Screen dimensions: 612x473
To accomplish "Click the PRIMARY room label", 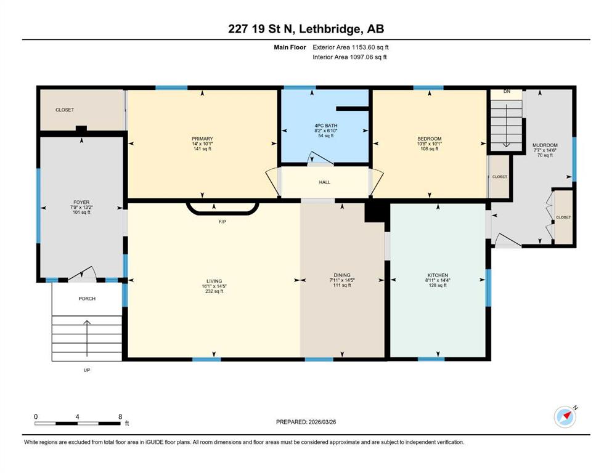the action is (x=202, y=139).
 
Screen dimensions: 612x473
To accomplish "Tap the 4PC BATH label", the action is (x=326, y=126).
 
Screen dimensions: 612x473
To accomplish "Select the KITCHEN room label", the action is (x=438, y=275).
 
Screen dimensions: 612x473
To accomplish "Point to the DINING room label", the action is (x=342, y=275).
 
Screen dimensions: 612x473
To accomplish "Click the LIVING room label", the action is (x=214, y=281).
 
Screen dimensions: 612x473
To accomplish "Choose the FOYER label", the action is (x=81, y=203).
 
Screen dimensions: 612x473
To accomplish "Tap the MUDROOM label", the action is (x=545, y=145).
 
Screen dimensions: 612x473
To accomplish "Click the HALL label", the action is (x=324, y=182).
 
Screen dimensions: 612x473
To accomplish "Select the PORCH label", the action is (x=87, y=299).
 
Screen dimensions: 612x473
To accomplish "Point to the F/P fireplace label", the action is (x=222, y=222).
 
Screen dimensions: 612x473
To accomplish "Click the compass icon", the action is (x=565, y=416).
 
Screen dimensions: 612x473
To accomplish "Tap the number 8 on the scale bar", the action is (x=120, y=416).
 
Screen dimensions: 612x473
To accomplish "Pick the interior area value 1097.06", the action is (x=362, y=57).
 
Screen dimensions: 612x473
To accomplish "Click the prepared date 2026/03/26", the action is (x=322, y=422).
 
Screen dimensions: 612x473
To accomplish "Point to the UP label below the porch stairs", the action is (x=87, y=370).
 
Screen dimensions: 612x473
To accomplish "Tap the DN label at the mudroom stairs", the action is (x=507, y=92).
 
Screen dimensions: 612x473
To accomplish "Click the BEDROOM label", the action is (x=430, y=139).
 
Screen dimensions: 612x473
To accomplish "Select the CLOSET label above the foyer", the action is (x=65, y=110).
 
